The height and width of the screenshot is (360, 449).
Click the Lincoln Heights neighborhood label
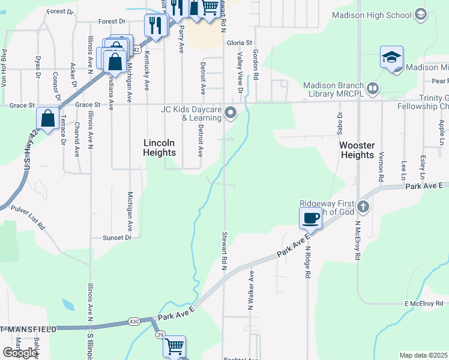tap(159, 148)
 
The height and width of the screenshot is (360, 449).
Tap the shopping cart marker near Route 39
tap(174, 346)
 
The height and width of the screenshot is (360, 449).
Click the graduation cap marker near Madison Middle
tap(391, 58)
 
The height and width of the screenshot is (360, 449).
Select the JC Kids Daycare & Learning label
tap(191, 113)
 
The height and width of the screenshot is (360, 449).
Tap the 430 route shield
tap(133, 322)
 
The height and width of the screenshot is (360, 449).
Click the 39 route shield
tap(160, 335)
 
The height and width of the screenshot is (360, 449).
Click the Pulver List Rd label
tap(27, 217)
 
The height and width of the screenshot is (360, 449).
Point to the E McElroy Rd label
tap(423, 304)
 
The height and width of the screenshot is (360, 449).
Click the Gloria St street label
tap(240, 43)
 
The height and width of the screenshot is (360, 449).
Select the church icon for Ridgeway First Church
tap(362, 207)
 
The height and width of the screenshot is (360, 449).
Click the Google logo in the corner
tap(20, 353)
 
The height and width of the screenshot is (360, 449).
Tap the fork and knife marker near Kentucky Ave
tap(155, 25)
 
